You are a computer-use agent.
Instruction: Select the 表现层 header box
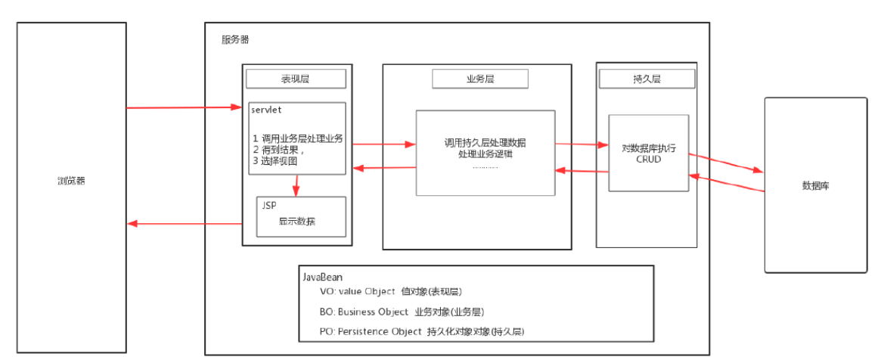[296, 79]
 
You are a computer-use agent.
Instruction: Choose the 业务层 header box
[480, 79]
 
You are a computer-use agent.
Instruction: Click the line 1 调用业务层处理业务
[298, 138]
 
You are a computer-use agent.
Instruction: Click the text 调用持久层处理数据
[485, 142]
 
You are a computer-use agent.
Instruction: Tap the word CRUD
[648, 160]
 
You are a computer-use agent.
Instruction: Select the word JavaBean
[324, 278]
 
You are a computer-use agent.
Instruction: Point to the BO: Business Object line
[402, 312]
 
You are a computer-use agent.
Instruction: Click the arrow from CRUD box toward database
[726, 163]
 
